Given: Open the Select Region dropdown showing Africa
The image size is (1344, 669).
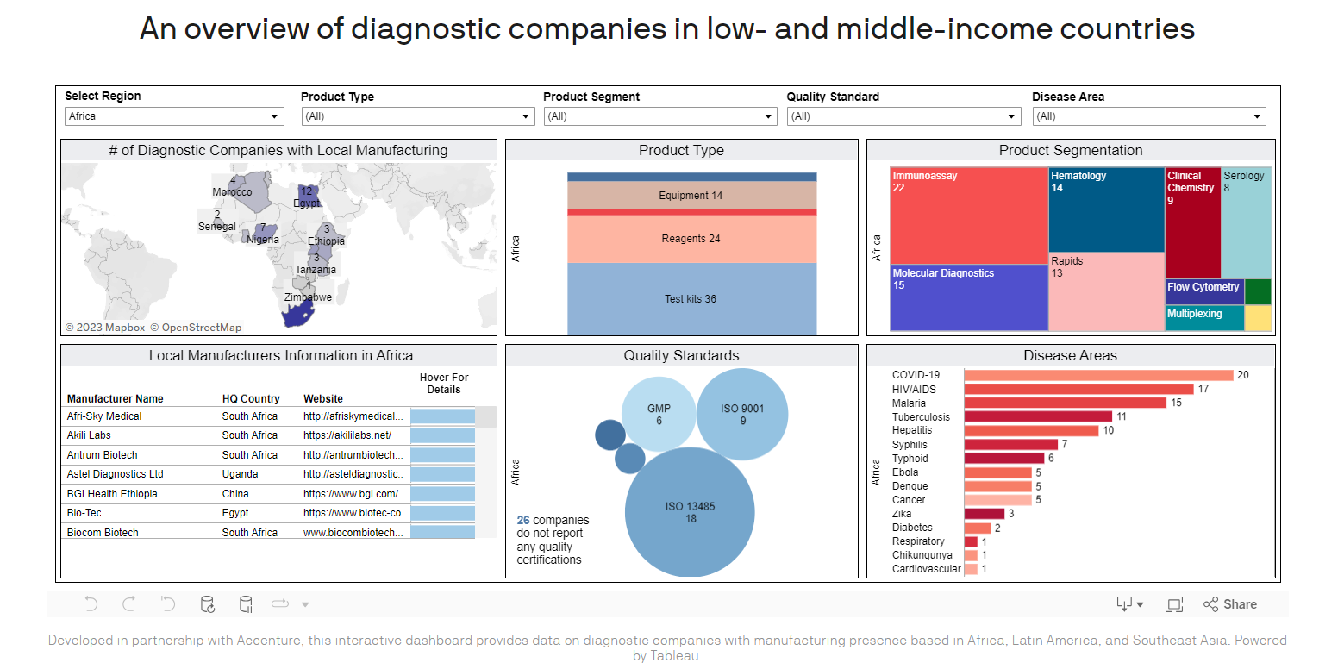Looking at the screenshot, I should (x=174, y=116).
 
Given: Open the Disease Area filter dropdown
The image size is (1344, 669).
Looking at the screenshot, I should (x=1148, y=116).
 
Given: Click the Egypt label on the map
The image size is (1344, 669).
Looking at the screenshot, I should (x=306, y=203).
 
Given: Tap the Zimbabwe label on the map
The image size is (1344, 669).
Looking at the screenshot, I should (x=308, y=297).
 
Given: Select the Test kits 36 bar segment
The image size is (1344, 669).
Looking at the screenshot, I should (x=691, y=299).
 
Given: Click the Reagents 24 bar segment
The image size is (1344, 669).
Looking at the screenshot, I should (x=691, y=239).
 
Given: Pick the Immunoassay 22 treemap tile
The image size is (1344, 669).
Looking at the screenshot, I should (x=969, y=216).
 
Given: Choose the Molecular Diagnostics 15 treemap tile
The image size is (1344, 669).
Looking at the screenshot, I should (x=969, y=297).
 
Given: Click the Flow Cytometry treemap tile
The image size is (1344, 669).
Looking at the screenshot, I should (x=1203, y=291).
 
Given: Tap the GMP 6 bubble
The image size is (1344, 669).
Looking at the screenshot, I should (x=659, y=415).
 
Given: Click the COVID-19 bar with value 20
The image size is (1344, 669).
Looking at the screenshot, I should (x=1098, y=375).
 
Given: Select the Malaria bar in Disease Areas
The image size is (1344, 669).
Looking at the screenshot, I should (x=1065, y=403).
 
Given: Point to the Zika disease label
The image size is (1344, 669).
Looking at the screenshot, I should (x=902, y=514).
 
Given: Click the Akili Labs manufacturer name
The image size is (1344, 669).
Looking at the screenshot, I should (x=89, y=435).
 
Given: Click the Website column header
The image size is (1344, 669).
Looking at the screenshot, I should (x=323, y=399).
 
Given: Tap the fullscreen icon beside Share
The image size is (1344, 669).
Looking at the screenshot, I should (x=1173, y=604).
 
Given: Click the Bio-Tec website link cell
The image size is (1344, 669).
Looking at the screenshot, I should (x=353, y=513).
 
